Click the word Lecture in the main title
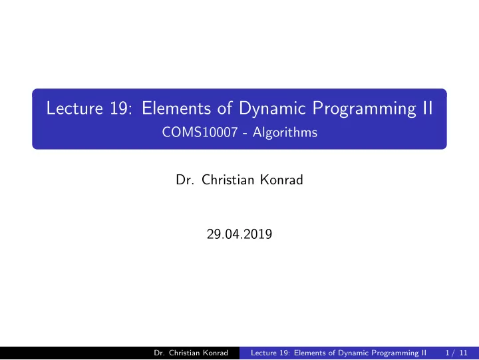[x=75, y=108]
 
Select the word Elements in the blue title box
[x=176, y=108]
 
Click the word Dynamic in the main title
[x=272, y=110]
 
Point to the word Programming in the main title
[x=364, y=110]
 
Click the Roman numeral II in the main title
[x=428, y=108]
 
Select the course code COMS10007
[x=200, y=132]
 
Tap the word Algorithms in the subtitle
[x=285, y=132]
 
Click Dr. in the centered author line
[x=185, y=180]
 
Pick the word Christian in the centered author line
[x=228, y=180]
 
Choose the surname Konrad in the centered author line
[x=281, y=180]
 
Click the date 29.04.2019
[x=239, y=234]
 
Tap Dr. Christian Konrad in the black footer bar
[x=191, y=353]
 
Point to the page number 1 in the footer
[x=448, y=353]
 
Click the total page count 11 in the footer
[x=464, y=353]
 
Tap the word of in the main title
[x=225, y=108]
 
